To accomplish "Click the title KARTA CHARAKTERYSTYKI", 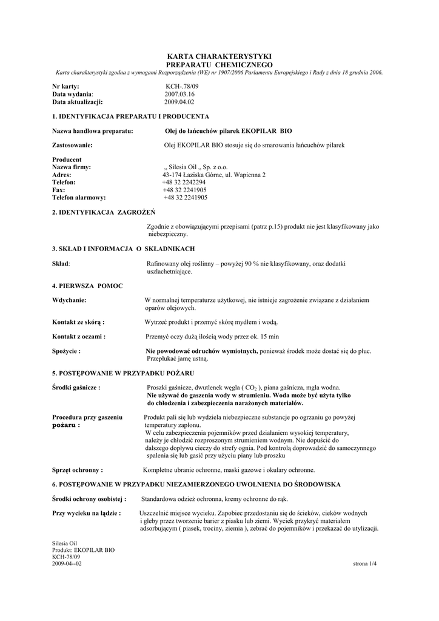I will [x=219, y=56].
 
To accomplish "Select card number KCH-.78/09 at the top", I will [x=182, y=87].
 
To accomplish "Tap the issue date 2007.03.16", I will [x=180, y=95].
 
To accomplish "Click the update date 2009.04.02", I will [x=180, y=102].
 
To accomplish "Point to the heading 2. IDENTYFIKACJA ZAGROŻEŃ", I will [x=104, y=212].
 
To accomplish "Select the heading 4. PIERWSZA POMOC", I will [x=88, y=285].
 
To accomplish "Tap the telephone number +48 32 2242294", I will [x=184, y=182].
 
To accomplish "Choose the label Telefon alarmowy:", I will [x=79, y=198].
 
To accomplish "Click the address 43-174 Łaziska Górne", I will [x=210, y=175].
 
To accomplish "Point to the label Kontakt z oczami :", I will [x=79, y=336].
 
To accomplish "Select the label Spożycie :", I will [x=67, y=351].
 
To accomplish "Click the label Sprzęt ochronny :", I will [x=78, y=470].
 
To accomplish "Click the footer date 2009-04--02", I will [x=67, y=564].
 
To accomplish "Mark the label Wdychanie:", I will [x=70, y=300].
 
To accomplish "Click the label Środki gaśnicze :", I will [x=76, y=388].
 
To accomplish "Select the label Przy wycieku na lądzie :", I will [x=87, y=513].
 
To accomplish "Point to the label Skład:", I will [x=62, y=264].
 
